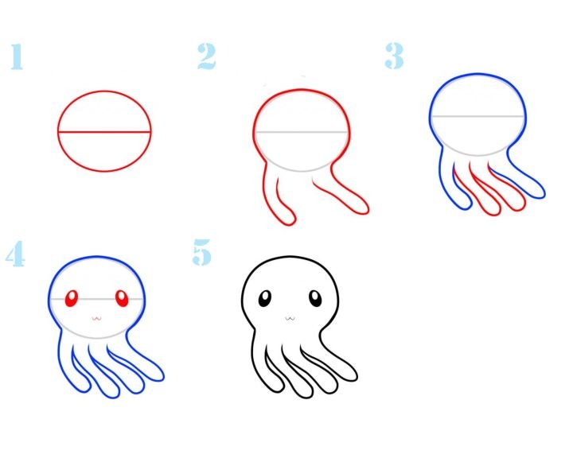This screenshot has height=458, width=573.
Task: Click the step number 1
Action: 17,56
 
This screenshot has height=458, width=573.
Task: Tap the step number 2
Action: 206,56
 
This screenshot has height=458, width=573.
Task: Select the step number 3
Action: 394,56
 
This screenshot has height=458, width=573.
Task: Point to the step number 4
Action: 15,254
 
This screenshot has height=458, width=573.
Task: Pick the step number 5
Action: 201,252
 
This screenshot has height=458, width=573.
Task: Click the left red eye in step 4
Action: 72,298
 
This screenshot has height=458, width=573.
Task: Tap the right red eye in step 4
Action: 122,298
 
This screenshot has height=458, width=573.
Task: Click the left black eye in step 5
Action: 264,298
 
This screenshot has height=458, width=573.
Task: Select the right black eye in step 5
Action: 315,298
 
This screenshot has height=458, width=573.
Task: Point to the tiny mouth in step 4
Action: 96,319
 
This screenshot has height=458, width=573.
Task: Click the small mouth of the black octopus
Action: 290,319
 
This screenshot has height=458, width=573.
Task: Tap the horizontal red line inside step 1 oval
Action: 104,132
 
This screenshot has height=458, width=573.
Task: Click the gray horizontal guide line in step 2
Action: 301,131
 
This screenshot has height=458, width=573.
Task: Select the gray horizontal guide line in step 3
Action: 477,116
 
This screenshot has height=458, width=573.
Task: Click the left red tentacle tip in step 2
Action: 290,223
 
